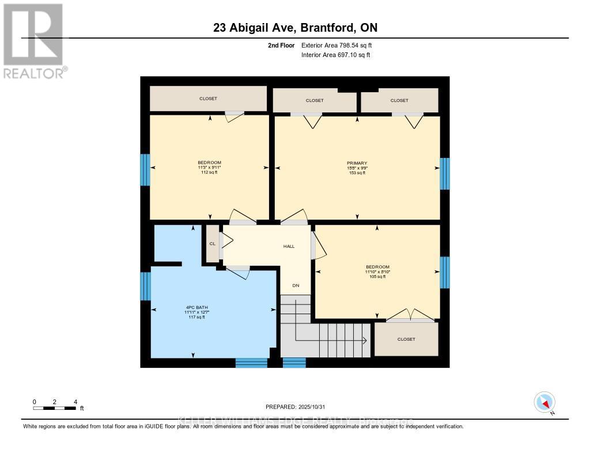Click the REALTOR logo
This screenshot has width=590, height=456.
click(x=33, y=40)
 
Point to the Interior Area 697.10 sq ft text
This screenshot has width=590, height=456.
click(x=335, y=55)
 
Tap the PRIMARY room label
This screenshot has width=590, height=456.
click(x=357, y=163)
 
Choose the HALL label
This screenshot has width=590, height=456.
click(x=289, y=246)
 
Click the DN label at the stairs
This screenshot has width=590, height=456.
click(x=296, y=285)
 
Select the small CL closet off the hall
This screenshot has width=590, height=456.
click(x=212, y=244)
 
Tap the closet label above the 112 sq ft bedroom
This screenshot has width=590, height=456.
click(x=208, y=99)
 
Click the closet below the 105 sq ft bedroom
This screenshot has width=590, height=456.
click(x=406, y=339)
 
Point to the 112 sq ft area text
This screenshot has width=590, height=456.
click(x=209, y=172)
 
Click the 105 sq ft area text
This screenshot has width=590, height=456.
click(x=377, y=276)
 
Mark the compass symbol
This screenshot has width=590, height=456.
click(x=544, y=402)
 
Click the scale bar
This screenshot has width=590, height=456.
click(x=55, y=408)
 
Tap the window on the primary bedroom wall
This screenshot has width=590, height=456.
click(x=445, y=174)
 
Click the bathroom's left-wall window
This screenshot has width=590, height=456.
click(x=145, y=286)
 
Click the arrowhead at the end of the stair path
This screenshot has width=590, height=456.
click(x=366, y=340)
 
